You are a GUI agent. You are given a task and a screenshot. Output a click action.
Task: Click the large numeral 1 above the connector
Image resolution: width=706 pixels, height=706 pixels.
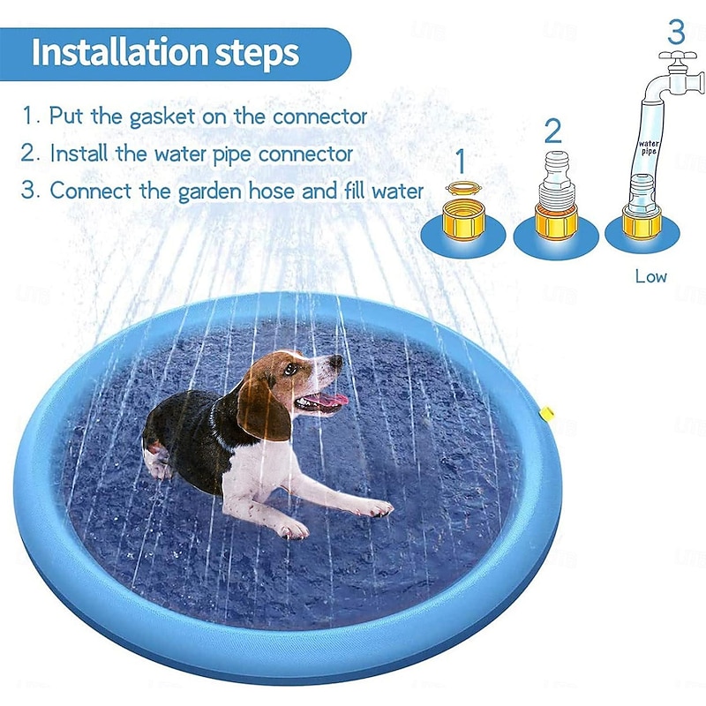pyautogui.click(x=460, y=161)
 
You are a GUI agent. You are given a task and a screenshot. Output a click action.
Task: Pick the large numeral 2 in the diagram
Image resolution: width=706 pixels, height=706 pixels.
pyautogui.click(x=552, y=131)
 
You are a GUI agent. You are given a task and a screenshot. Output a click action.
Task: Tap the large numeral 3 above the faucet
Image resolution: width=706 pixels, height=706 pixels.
pyautogui.click(x=676, y=32)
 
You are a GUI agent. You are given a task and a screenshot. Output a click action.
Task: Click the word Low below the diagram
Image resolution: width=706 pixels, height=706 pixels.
pyautogui.click(x=651, y=276)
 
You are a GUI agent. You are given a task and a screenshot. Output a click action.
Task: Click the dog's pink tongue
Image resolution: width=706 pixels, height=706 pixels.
pyautogui.click(x=332, y=402)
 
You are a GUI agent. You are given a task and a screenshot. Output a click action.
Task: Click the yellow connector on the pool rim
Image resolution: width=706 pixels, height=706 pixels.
pyautogui.click(x=547, y=412)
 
